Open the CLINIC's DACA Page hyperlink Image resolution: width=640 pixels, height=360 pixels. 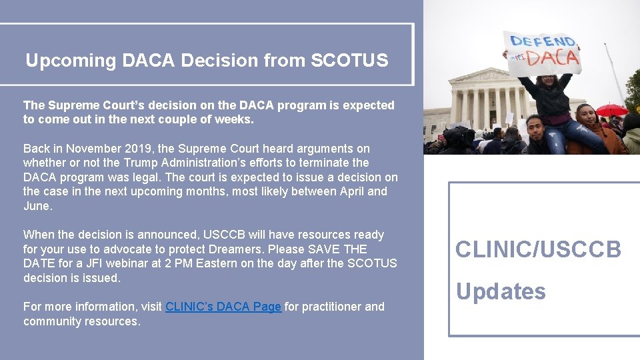click(x=223, y=307)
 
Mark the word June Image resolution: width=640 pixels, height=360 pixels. click(x=37, y=206)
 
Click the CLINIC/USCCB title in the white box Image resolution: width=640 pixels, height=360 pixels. click(x=538, y=250)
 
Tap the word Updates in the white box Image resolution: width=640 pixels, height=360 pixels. click(x=501, y=291)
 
